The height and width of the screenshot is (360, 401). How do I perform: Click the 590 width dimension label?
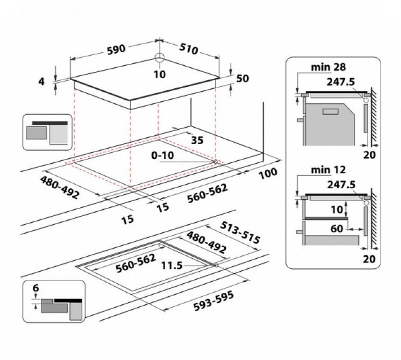116,49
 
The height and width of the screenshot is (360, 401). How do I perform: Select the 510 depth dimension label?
188,49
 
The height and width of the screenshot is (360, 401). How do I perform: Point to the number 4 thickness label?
41,82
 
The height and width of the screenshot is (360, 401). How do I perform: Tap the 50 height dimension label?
243,79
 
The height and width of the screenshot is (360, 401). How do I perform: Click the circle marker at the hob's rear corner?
159,58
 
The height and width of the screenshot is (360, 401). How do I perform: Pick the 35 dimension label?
197,140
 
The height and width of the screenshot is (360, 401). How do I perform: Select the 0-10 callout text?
162,155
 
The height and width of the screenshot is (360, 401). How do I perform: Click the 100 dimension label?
268,174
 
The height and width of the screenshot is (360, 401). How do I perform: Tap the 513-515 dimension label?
240,232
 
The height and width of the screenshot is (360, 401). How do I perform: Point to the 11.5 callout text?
172,265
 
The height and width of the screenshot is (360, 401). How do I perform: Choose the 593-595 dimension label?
214,302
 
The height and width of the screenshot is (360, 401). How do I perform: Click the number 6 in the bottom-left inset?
36,288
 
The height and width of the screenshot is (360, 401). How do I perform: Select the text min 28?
328,67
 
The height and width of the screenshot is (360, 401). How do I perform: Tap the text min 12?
328,170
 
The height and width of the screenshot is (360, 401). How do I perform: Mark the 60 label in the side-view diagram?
337,229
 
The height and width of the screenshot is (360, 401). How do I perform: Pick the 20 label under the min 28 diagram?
369,155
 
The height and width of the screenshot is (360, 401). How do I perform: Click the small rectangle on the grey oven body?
331,112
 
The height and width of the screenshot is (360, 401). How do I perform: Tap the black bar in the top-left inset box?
50,123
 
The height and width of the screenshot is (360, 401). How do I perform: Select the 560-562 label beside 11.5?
136,263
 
